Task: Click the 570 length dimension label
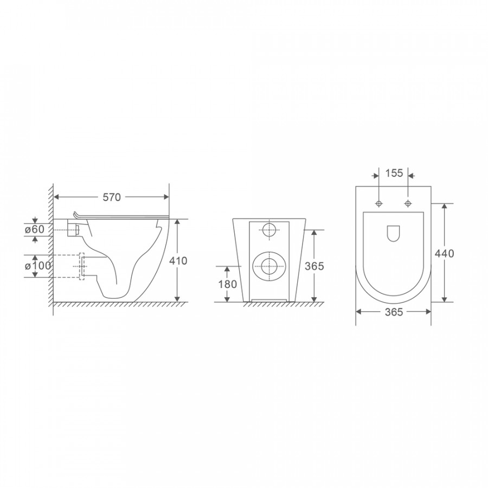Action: tap(112, 197)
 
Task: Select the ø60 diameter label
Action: tap(35, 229)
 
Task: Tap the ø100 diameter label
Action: tap(37, 266)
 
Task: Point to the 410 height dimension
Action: tap(178, 261)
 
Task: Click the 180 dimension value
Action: tap(228, 284)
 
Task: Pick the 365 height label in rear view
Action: tap(314, 266)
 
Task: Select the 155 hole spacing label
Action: tap(394, 173)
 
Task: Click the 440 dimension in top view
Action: tap(445, 254)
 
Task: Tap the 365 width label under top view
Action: tap(394, 312)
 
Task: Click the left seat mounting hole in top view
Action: tap(379, 203)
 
